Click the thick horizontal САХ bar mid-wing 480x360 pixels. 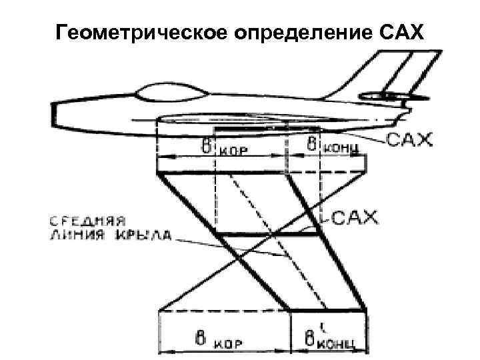coord(267,234)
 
